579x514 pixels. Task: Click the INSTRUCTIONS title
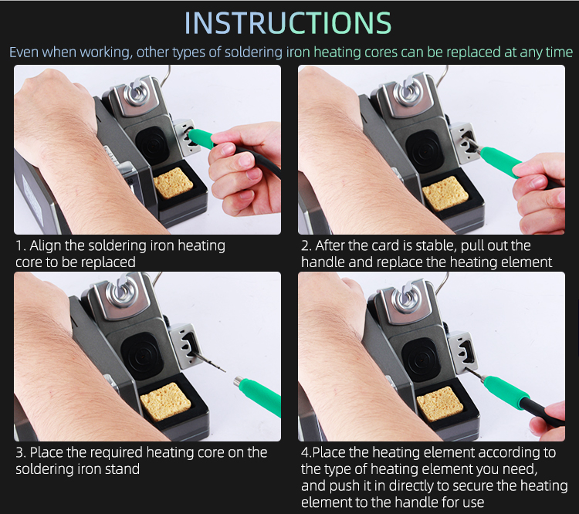pos(288,22)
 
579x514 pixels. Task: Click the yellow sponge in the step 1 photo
pos(173,183)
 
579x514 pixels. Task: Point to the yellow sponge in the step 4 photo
pos(439,404)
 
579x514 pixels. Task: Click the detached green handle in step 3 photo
pos(259,395)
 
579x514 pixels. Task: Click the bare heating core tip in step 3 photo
pos(208,362)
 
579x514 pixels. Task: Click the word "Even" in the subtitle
pos(23,52)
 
